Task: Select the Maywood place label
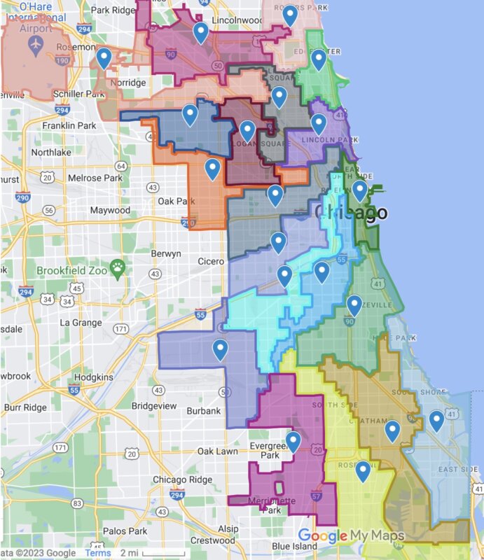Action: [x=109, y=210]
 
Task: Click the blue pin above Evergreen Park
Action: [x=293, y=441]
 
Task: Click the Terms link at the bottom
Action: [x=97, y=553]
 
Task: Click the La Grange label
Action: [x=83, y=323]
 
